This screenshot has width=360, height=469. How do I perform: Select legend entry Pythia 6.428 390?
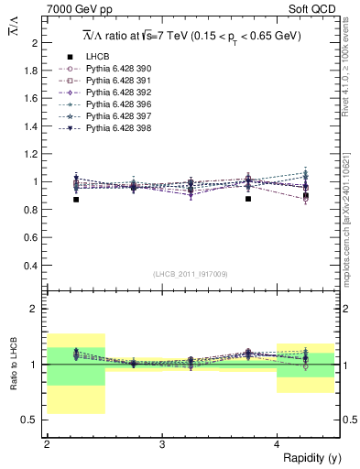[x=111, y=69]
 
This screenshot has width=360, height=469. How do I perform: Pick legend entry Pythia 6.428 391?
[x=111, y=81]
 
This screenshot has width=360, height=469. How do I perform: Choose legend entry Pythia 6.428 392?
[x=111, y=93]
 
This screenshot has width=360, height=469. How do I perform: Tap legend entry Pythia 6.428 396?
[x=111, y=104]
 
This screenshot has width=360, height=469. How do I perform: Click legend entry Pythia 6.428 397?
[x=111, y=116]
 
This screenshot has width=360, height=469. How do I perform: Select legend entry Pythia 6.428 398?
[x=111, y=128]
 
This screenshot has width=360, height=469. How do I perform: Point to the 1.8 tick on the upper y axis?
[x=31, y=71]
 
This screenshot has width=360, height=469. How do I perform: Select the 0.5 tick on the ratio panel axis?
[x=31, y=420]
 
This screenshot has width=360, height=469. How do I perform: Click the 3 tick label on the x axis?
[x=162, y=444]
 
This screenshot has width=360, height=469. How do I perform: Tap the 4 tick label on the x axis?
[x=277, y=444]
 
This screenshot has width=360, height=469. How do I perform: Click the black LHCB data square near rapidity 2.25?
[x=76, y=199]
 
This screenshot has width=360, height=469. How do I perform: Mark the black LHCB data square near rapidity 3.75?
[x=248, y=198]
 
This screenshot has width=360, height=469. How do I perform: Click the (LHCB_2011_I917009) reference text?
[x=191, y=274]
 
